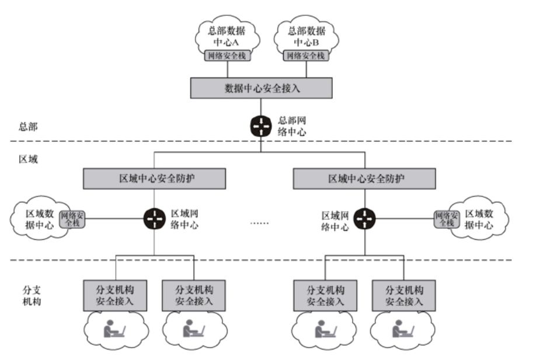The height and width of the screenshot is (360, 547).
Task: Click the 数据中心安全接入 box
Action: [261, 88]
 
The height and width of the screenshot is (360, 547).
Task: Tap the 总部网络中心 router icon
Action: [261, 126]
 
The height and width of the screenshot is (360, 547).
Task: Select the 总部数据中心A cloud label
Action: [227, 36]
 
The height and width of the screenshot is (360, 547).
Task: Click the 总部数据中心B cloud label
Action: [306, 36]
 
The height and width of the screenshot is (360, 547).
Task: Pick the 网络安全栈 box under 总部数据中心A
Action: [228, 55]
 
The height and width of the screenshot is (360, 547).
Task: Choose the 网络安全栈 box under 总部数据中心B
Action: [306, 55]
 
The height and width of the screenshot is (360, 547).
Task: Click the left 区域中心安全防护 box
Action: [154, 179]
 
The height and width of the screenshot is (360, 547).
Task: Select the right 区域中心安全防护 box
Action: [364, 179]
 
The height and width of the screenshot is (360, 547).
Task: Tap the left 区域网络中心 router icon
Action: [155, 219]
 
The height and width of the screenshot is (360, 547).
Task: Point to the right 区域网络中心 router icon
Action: [364, 219]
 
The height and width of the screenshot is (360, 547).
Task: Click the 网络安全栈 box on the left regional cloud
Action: [72, 219]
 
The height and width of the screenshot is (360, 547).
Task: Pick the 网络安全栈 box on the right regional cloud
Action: [447, 219]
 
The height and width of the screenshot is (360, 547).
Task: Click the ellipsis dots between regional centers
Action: [260, 223]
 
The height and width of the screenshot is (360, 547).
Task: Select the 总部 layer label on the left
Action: [28, 126]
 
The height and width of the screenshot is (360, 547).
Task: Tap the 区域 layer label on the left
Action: [28, 159]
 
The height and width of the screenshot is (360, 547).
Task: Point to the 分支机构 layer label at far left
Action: [32, 296]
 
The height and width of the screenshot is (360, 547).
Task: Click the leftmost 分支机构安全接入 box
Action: [115, 296]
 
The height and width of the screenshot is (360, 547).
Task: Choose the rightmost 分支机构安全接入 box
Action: [404, 296]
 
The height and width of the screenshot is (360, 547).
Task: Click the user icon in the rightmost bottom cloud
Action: [403, 328]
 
